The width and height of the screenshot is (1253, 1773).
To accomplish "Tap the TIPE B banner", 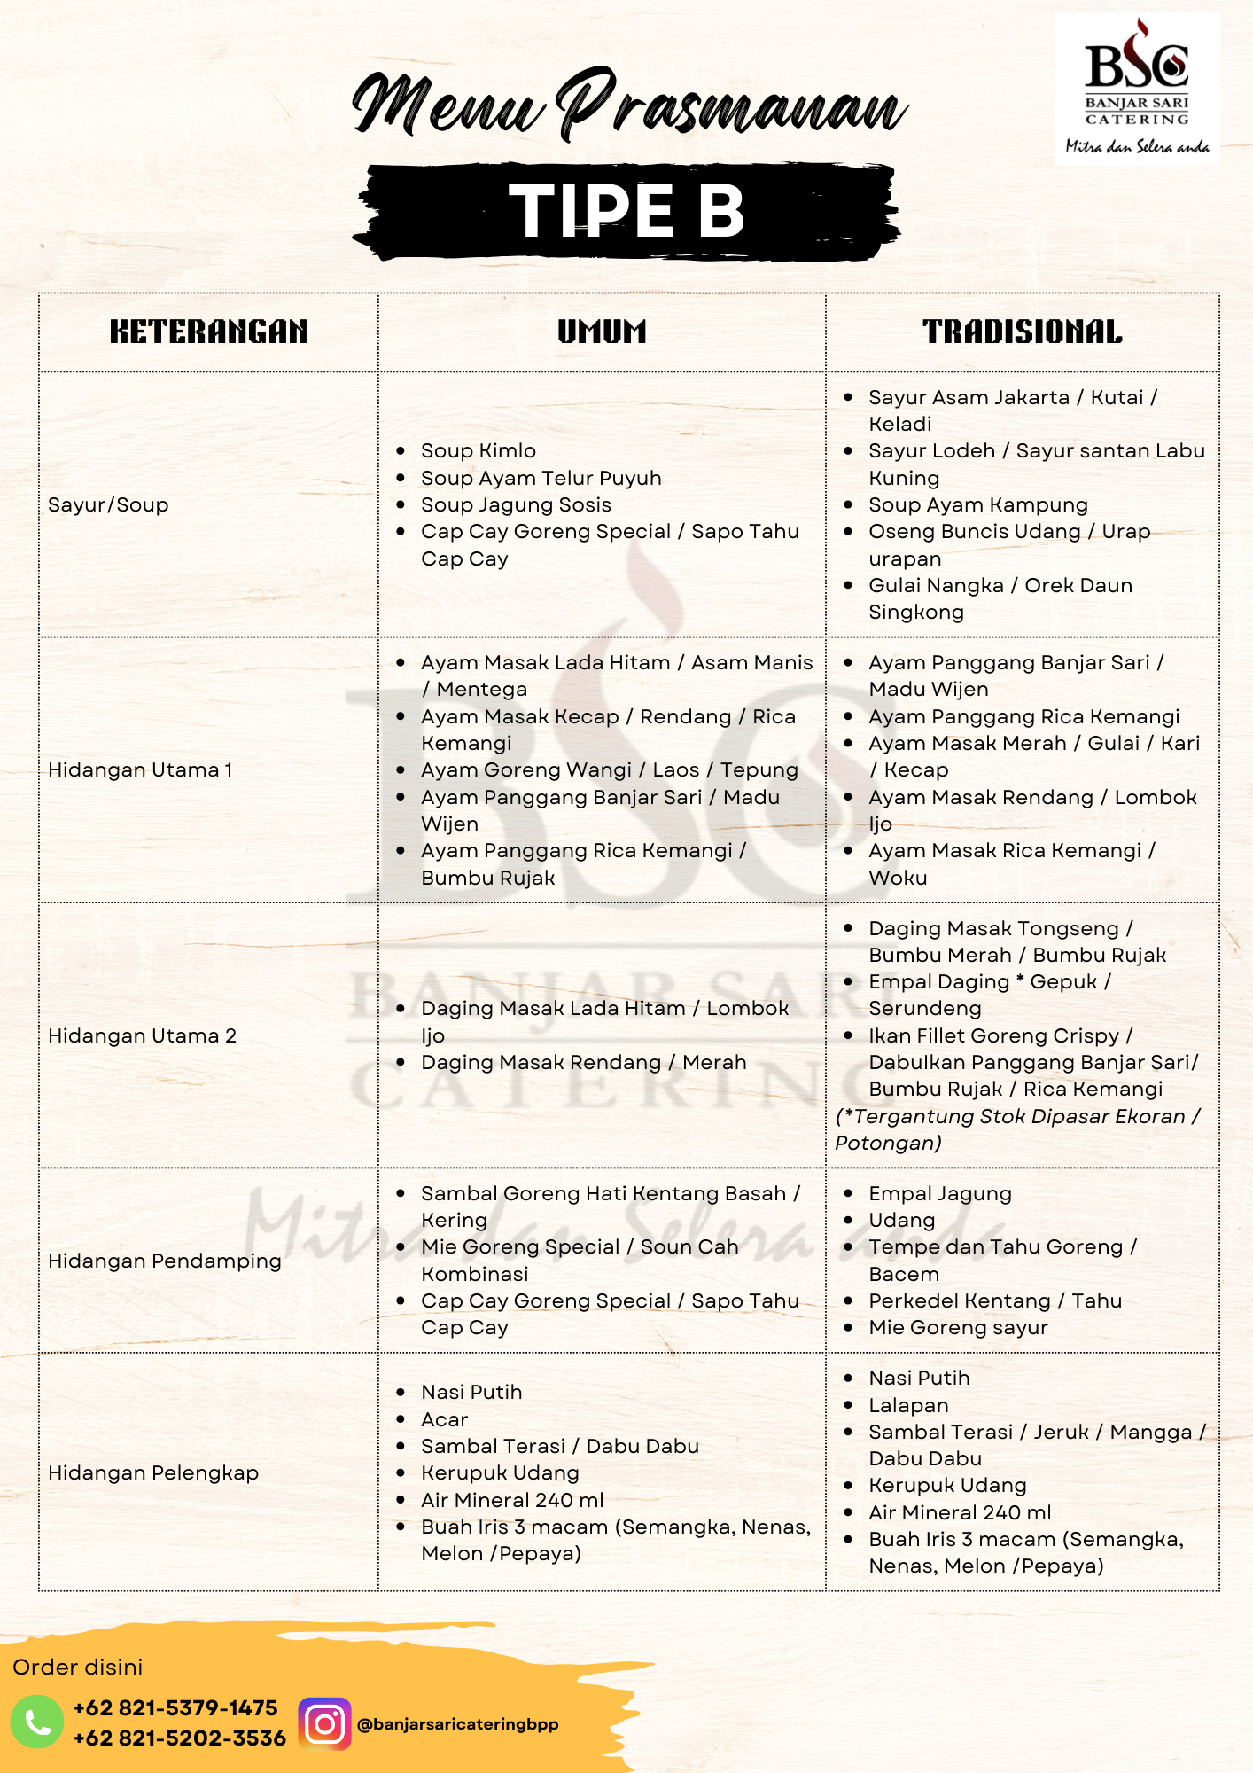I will [626, 211].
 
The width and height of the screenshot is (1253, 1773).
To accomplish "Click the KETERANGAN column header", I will [208, 332].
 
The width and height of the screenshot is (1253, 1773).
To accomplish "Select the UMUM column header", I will [602, 332].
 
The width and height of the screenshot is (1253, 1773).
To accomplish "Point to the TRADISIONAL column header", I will [1022, 332].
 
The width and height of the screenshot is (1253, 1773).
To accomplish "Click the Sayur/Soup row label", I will [108, 504].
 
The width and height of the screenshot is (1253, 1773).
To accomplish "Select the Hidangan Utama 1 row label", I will [140, 769].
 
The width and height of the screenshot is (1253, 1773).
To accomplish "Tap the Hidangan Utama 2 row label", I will [142, 1035].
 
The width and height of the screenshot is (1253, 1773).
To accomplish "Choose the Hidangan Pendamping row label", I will [165, 1261].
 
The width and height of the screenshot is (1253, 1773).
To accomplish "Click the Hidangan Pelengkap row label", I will [153, 1472].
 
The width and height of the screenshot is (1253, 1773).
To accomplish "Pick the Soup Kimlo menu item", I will [479, 450].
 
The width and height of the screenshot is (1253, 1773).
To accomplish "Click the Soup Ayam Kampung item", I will [977, 504].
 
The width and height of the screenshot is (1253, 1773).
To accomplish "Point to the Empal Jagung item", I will [939, 1193].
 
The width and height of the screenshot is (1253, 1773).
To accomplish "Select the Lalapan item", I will [908, 1405].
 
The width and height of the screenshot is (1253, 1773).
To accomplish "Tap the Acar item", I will [444, 1419].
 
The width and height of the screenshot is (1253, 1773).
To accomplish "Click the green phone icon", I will [37, 1722].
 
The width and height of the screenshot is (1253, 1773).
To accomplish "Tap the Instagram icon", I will [324, 1723].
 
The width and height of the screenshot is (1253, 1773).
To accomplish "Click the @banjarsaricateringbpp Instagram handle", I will [457, 1724].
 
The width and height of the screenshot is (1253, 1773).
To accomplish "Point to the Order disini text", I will [78, 1667].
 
